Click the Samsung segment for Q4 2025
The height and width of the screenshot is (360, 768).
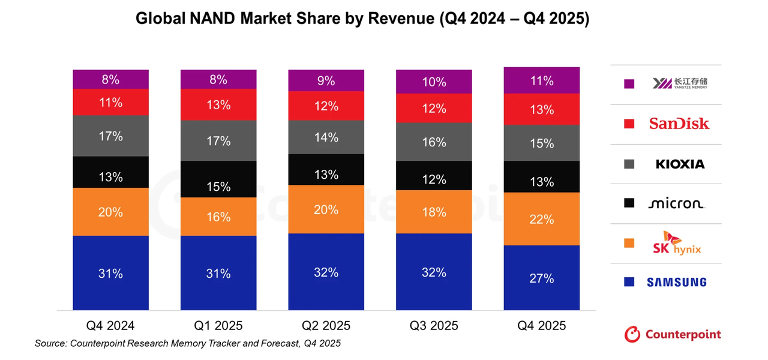(541, 278)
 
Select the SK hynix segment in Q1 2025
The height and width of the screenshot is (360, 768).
(218, 217)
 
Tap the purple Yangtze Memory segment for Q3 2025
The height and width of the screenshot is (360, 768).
(434, 82)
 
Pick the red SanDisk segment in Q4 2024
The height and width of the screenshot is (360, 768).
(110, 102)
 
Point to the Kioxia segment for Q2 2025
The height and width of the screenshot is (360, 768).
(326, 137)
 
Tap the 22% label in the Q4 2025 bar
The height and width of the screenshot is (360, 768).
(541, 220)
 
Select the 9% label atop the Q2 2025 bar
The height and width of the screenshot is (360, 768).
(326, 80)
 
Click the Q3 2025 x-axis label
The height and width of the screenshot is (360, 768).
(434, 326)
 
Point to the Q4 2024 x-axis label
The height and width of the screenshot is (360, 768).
(110, 326)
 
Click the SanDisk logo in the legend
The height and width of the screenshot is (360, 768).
(679, 124)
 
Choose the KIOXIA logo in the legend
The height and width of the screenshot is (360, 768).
(680, 164)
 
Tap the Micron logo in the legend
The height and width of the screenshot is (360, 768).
(676, 203)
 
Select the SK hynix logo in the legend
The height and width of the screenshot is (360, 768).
(676, 243)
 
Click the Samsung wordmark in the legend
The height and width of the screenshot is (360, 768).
(676, 282)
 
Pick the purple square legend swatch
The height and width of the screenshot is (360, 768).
(629, 84)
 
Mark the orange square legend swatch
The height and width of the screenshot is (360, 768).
(629, 243)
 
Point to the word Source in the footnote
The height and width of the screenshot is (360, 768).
(50, 344)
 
